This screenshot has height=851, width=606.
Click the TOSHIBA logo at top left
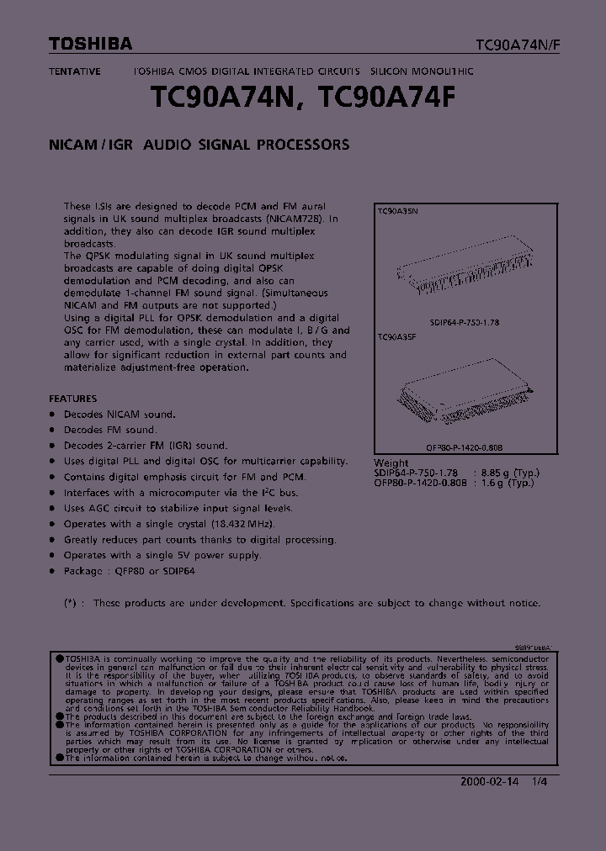89,44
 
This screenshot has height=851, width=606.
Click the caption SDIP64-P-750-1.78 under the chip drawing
465,323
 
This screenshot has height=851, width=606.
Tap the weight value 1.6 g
494,483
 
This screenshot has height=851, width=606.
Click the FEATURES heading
72,399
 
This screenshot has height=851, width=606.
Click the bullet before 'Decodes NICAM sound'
52,415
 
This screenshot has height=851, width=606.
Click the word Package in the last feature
82,571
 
